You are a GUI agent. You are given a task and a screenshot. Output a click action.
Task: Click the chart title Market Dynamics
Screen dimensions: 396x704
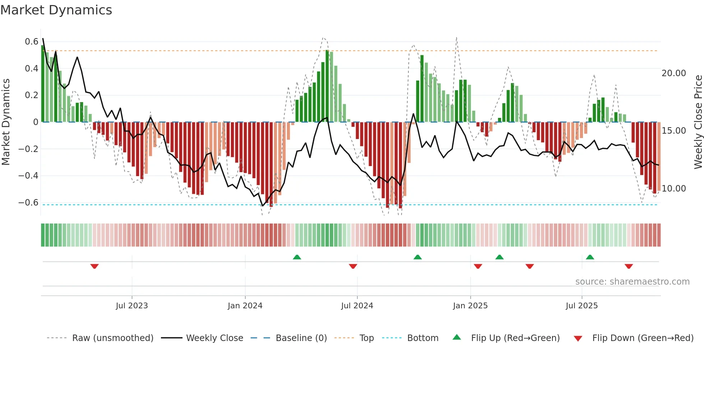56,10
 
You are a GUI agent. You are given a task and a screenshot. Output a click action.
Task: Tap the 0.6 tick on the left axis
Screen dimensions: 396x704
32,42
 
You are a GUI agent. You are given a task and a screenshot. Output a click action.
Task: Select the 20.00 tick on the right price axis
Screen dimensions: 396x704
673,73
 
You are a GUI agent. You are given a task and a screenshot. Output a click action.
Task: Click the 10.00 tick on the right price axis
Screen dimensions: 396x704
673,189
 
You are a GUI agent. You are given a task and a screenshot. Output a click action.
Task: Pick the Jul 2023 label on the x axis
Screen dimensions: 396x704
132,306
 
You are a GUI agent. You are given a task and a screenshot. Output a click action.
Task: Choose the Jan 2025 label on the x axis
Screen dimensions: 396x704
470,306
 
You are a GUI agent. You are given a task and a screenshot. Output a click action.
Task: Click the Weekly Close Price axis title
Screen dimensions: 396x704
698,122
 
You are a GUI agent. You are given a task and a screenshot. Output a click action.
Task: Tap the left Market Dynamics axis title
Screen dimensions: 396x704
6,122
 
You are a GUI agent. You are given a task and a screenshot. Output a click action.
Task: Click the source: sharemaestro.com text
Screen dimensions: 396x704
632,282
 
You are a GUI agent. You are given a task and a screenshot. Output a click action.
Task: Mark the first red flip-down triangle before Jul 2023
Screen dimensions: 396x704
94,266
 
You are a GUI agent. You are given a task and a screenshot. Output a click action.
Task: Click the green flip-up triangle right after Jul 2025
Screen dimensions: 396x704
590,257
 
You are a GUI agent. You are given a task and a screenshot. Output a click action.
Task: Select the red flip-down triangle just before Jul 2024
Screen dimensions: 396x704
353,266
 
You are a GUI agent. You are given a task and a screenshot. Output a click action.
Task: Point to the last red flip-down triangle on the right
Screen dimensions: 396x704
629,266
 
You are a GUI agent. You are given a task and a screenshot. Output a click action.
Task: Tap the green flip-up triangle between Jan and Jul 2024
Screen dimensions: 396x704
297,257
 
